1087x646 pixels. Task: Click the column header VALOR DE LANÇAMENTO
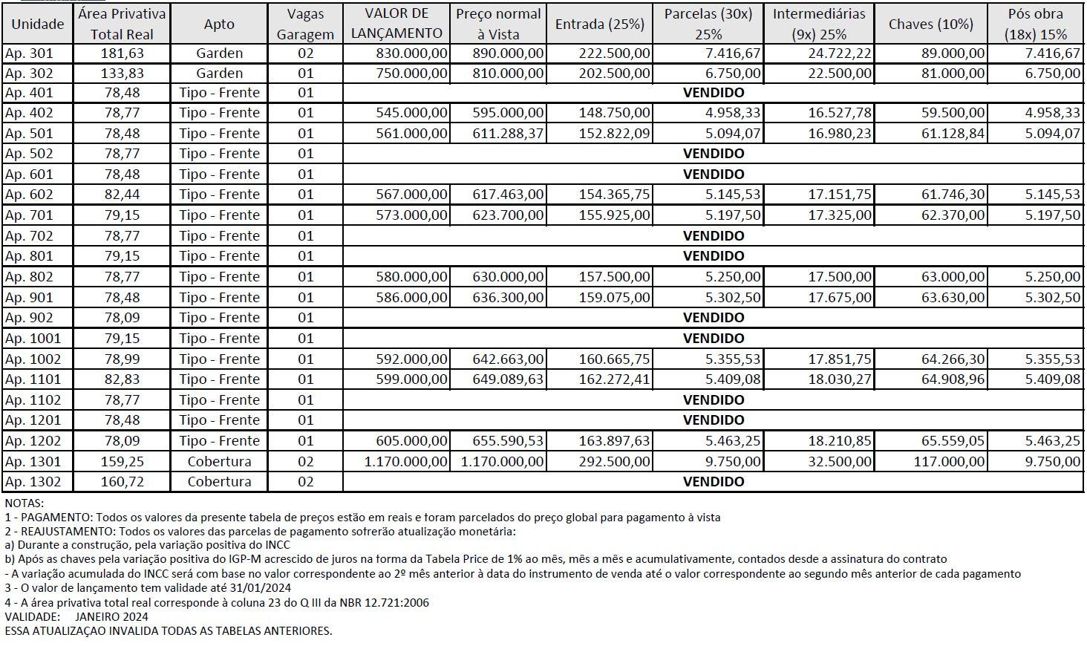tap(396, 23)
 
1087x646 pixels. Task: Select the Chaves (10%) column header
tap(930, 24)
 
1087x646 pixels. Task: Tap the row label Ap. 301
tap(29, 53)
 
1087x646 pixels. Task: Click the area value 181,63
tap(122, 53)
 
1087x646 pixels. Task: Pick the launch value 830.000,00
tap(411, 53)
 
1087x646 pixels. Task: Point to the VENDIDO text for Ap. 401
tap(713, 93)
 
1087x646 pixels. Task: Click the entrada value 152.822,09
tap(614, 134)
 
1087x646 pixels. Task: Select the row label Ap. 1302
tap(33, 482)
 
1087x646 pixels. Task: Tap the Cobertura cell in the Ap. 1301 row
tap(219, 461)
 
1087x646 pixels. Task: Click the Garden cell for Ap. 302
tap(219, 74)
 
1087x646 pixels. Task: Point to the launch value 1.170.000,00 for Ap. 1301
tap(405, 461)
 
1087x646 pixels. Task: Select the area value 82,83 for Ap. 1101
tap(123, 379)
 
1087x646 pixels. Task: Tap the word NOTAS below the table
tap(25, 503)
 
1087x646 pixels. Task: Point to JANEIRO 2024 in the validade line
tap(111, 616)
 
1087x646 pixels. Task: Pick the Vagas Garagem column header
tap(304, 24)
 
